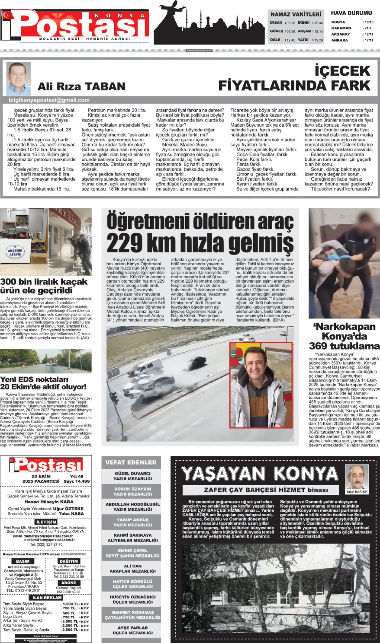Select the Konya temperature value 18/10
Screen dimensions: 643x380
pos(369,22)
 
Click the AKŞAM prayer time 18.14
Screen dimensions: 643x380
pos(319,31)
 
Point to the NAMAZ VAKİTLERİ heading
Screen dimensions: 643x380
pos(296,14)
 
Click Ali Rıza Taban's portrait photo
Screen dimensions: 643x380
pos(18,79)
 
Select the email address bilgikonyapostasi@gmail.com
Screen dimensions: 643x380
pos(49,100)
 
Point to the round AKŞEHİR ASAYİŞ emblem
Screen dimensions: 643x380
pos(15,252)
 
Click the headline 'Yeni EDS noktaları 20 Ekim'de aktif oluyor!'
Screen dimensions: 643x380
pos(43,383)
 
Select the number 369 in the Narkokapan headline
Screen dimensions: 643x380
pos(318,346)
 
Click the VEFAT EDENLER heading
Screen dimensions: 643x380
pos(131,462)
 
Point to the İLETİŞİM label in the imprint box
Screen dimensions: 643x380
pos(46,522)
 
